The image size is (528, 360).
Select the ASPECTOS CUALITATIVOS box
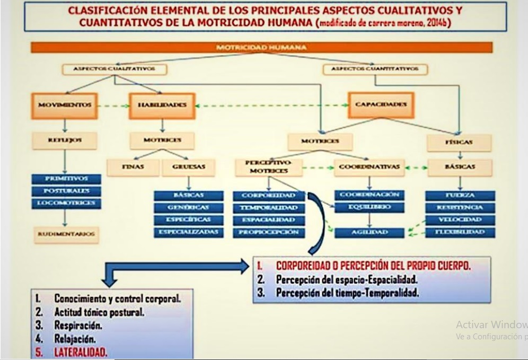coord(114,69)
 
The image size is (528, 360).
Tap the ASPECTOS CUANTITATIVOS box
coord(374,69)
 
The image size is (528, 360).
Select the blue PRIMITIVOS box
coord(66,179)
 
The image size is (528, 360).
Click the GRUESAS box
coord(188,167)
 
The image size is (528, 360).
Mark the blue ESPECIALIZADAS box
coord(189,232)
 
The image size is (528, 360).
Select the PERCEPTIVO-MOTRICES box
coord(269,167)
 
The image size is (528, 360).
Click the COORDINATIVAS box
coord(369,167)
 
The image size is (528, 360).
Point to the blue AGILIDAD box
coord(369,233)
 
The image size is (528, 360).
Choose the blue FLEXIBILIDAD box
coord(460,232)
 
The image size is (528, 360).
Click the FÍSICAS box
coord(459,142)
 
